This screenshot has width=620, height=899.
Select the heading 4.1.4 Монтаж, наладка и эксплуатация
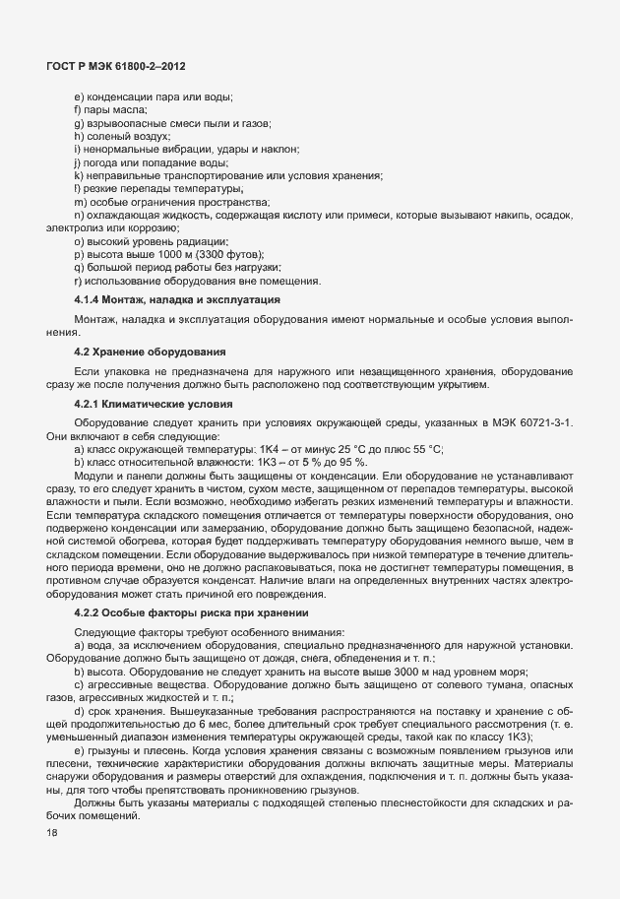pyautogui.click(x=178, y=298)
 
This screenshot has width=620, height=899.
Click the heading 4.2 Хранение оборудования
pyautogui.click(x=151, y=352)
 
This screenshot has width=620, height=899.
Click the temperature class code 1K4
pyautogui.click(x=262, y=449)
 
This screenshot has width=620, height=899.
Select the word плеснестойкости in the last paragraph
pyautogui.click(x=377, y=802)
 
